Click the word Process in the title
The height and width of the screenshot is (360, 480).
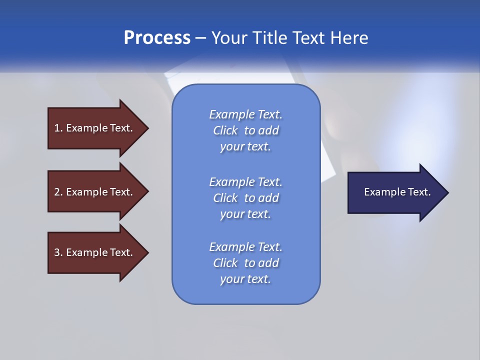coord(157,38)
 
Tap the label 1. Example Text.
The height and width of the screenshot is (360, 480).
coord(93,128)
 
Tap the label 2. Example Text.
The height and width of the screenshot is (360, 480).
coord(93,192)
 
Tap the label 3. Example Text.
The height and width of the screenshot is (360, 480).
coord(93,252)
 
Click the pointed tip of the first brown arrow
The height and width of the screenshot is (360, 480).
coord(148,128)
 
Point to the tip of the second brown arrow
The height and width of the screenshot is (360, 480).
coord(148,191)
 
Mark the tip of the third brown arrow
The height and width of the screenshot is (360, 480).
coord(148,252)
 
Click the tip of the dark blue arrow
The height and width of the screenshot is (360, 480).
coord(448,192)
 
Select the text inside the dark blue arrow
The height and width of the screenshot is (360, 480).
coord(397,192)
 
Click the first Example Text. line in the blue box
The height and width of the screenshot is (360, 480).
coord(245,114)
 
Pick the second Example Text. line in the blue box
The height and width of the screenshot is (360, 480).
coord(245,182)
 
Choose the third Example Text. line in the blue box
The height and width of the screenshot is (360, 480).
coord(245,247)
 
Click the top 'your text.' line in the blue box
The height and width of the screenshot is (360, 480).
coord(245,147)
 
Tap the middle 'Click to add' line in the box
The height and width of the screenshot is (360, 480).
coord(245,198)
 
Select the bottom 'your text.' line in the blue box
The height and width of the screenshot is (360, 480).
coord(245,279)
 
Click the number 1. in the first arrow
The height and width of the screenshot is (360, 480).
coord(58,128)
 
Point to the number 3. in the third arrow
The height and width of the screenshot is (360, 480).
coord(58,252)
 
